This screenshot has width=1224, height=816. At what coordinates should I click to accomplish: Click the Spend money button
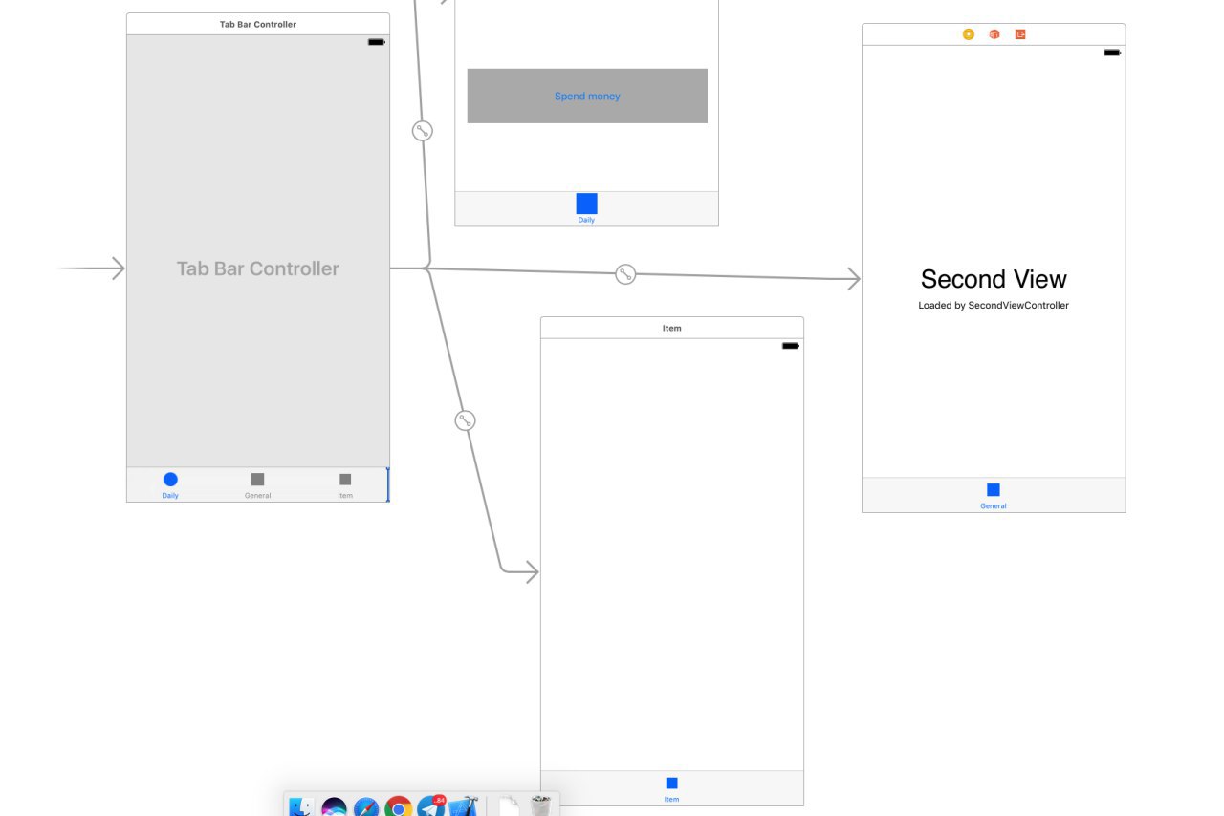[x=587, y=96]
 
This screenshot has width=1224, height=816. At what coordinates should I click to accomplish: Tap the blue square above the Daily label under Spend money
[x=586, y=204]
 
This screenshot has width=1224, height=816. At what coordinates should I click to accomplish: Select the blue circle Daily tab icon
[x=170, y=479]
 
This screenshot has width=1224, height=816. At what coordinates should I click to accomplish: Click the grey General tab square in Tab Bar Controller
[x=257, y=479]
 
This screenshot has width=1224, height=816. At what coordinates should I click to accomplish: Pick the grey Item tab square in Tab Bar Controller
[x=345, y=479]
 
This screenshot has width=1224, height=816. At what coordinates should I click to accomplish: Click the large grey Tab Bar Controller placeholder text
[x=257, y=268]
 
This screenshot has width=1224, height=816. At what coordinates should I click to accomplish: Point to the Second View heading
[x=994, y=279]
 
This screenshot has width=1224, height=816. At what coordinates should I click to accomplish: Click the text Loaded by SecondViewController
[x=994, y=306]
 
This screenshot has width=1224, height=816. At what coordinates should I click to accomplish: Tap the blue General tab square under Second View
[x=994, y=489]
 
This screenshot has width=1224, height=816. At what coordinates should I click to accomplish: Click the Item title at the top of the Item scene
[x=671, y=328]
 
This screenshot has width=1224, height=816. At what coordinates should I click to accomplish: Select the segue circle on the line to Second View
[x=625, y=273]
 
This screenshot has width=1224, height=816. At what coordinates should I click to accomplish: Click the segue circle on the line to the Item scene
[x=465, y=420]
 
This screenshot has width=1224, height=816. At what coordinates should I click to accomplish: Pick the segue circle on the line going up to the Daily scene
[x=423, y=131]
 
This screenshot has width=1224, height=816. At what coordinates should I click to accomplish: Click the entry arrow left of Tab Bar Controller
[x=91, y=268]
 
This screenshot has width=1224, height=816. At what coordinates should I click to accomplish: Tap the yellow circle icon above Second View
[x=969, y=34]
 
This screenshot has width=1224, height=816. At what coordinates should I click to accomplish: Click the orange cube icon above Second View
[x=994, y=34]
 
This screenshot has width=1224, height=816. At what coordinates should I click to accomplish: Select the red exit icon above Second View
[x=1020, y=34]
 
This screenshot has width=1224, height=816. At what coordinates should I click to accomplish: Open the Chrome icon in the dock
[x=399, y=807]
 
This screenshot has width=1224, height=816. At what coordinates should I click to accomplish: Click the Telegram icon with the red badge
[x=431, y=807]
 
